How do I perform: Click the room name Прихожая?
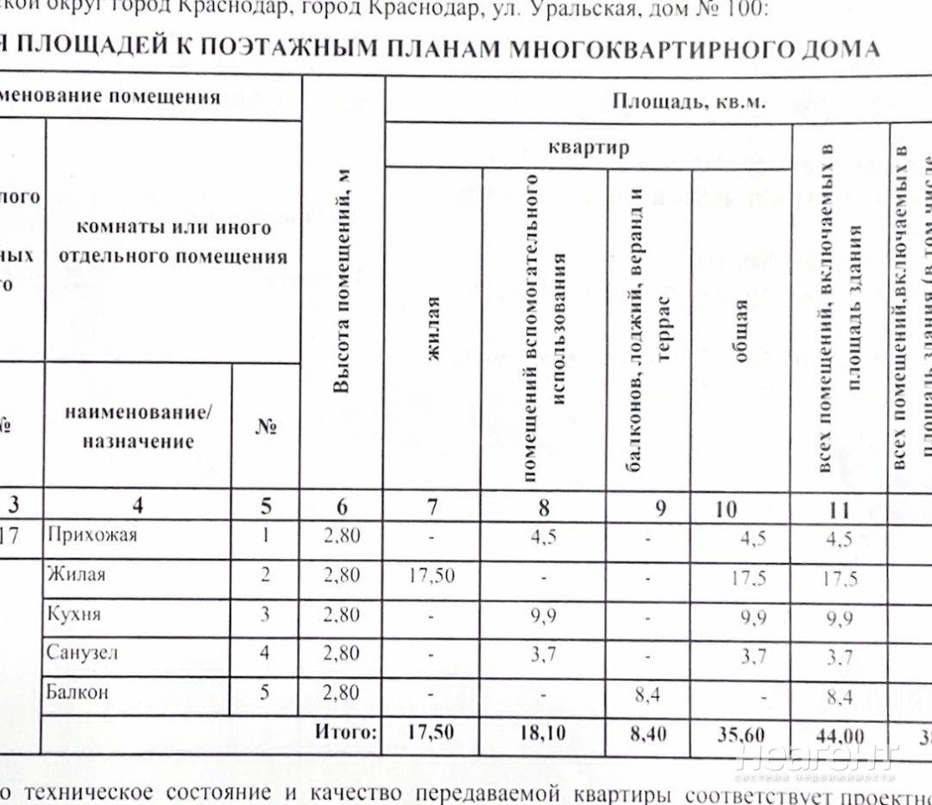pyautogui.click(x=92, y=536)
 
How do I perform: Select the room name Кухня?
pyautogui.click(x=75, y=614)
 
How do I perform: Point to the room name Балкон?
pyautogui.click(x=79, y=692)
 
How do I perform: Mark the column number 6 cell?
pyautogui.click(x=342, y=508)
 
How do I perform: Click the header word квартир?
pyautogui.click(x=589, y=147)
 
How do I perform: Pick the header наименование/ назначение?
pyautogui.click(x=138, y=427)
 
